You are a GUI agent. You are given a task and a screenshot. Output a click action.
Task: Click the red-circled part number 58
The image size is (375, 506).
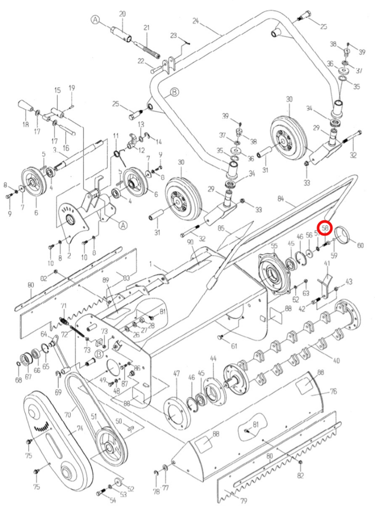coord(325,228)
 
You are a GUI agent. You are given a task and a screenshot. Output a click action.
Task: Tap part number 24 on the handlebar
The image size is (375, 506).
coord(195,21)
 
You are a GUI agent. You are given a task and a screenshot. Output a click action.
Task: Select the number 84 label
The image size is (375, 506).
coord(281,198)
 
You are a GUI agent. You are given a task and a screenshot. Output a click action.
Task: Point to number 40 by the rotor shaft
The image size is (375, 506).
coord(337,360)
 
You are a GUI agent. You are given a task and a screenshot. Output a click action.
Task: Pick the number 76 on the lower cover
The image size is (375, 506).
coord(333,391)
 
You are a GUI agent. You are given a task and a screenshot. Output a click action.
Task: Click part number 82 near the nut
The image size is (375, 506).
coord(300,476)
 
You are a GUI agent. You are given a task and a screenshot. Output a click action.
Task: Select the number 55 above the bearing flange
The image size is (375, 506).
coord(275,246)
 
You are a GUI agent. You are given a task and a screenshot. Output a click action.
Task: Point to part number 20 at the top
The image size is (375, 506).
coord(123,13)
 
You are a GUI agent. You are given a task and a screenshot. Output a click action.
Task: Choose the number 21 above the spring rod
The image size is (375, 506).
coord(147,28)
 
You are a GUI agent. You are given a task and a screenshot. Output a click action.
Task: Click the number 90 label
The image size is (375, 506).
coord(190,241)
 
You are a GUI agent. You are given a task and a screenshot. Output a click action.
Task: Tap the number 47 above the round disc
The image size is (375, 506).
coord(176,373)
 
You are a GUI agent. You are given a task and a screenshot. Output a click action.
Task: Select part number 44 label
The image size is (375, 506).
coord(213,358)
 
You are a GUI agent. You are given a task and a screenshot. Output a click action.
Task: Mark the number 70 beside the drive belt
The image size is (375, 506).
coord(67,415)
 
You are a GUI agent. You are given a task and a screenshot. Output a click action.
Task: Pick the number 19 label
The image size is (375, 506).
coord(72,88)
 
